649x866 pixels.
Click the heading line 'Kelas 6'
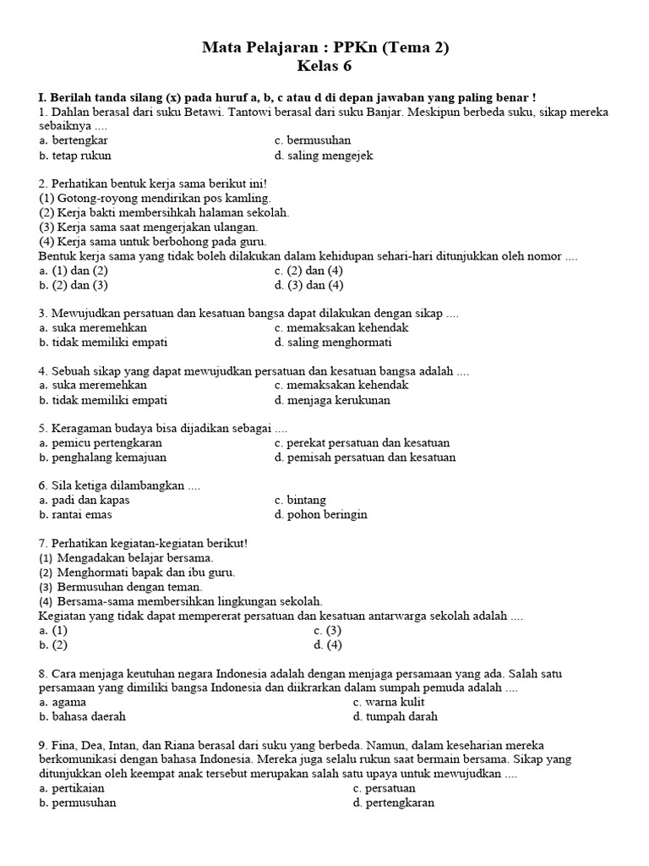click(x=324, y=66)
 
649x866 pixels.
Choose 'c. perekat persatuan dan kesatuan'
click(x=362, y=442)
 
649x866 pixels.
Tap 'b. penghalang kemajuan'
click(x=102, y=458)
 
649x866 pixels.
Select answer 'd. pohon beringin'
click(x=320, y=514)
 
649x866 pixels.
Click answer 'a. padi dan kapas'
click(x=85, y=500)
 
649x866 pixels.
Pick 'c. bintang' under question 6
click(x=300, y=500)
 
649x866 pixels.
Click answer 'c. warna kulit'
click(x=389, y=702)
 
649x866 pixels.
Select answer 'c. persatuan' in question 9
click(x=384, y=787)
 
